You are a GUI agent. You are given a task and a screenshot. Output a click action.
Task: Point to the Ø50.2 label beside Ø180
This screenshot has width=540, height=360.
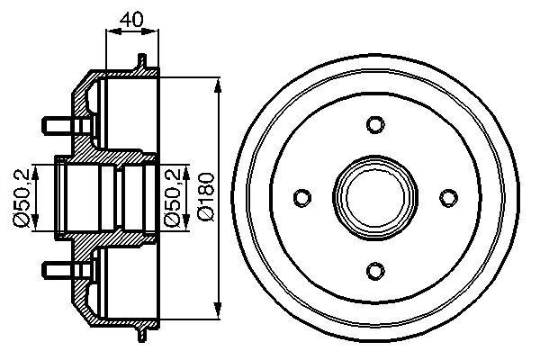175,197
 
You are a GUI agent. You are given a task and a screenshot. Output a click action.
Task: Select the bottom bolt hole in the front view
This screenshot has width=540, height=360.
374,268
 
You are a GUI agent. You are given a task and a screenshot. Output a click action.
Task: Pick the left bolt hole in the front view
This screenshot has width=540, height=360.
302,196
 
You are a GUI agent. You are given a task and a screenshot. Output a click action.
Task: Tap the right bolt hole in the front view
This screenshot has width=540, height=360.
446,196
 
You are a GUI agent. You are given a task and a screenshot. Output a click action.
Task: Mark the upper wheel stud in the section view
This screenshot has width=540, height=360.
57,121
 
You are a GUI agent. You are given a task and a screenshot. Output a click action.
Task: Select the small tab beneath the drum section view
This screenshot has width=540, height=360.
141,330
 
